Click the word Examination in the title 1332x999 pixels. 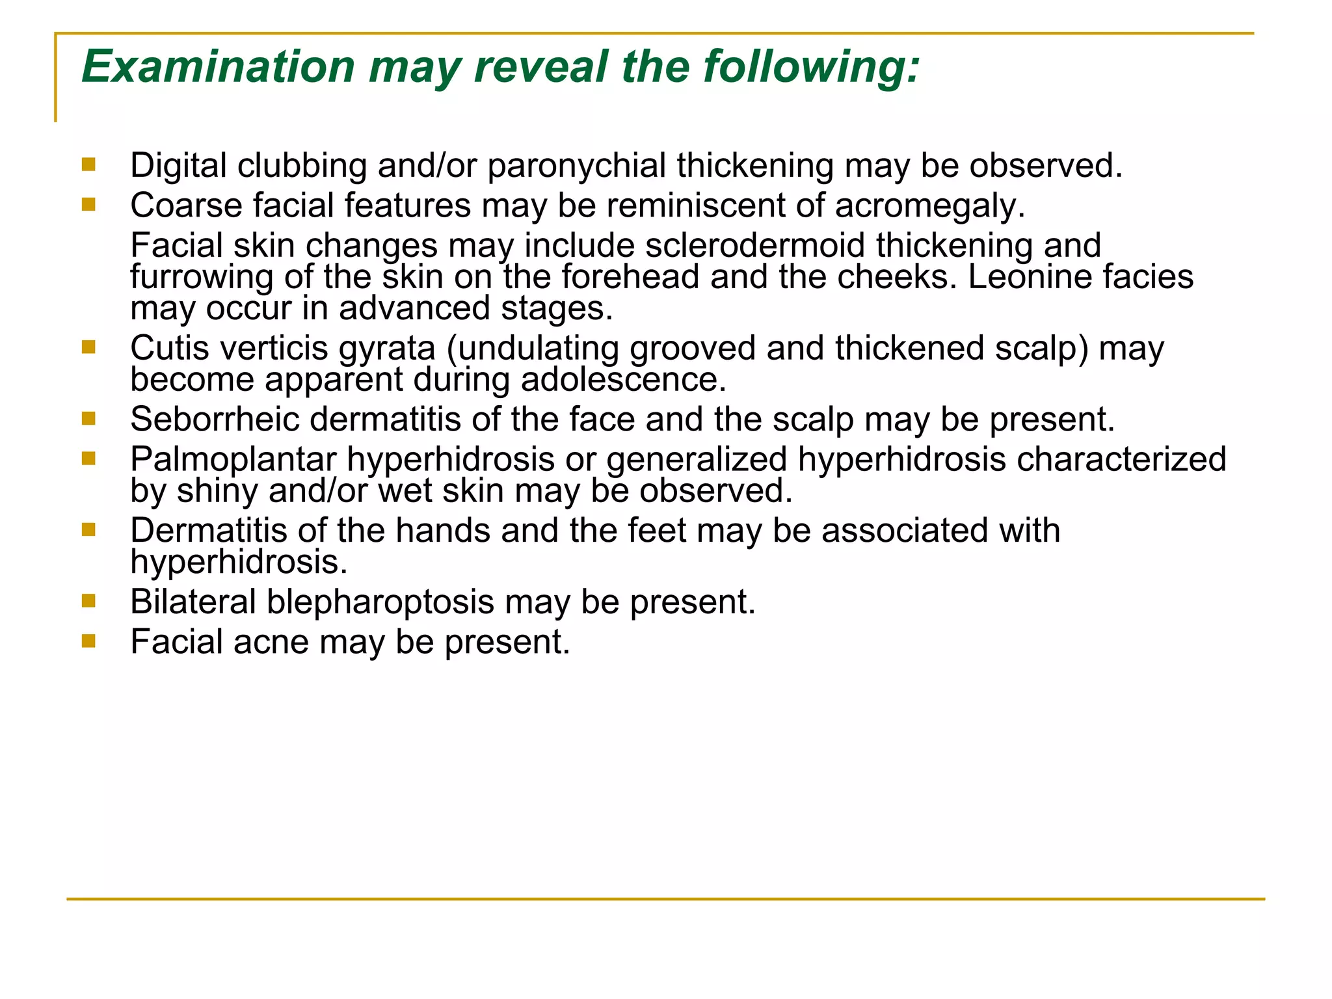point(218,67)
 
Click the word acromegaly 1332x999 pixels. point(930,206)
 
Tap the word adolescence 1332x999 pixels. point(623,380)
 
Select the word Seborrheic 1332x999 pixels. point(214,420)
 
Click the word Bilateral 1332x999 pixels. point(193,602)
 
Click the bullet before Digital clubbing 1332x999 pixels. point(88,165)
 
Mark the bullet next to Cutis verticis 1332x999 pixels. point(88,348)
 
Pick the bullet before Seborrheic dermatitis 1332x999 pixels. point(88,419)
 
